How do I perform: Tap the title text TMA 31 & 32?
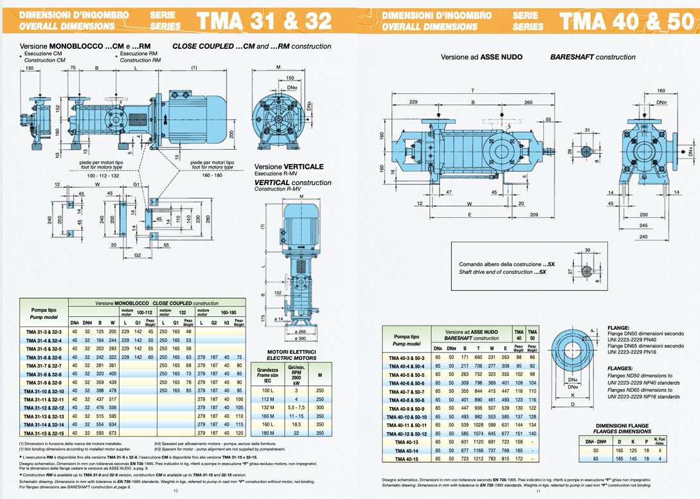click(265, 21)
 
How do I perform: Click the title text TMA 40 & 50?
click(627, 21)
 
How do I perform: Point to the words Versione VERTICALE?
click(289, 166)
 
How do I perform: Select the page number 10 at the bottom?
click(175, 491)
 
